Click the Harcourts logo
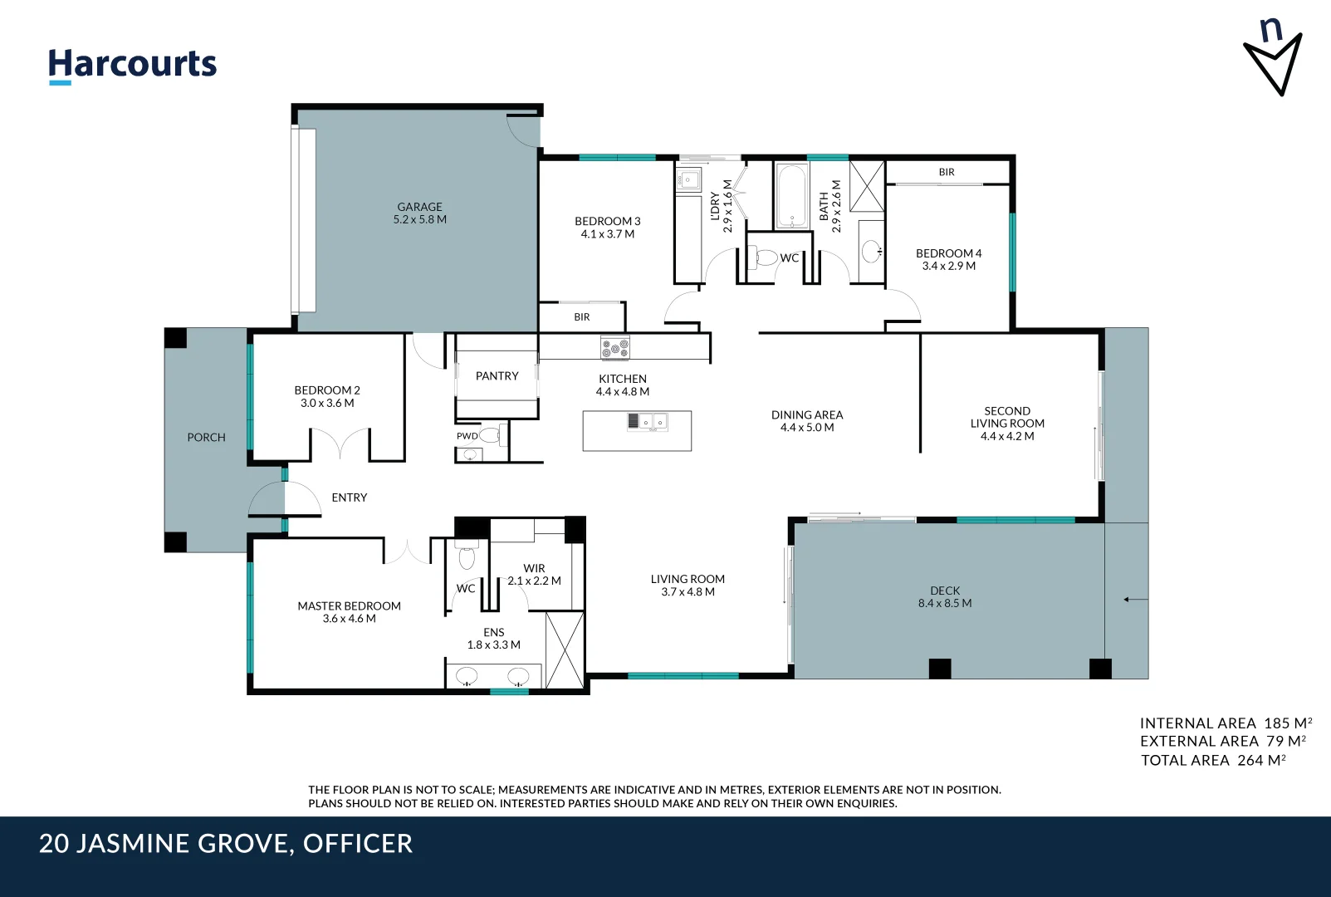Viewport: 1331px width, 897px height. click(132, 65)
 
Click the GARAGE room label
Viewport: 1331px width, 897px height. click(419, 207)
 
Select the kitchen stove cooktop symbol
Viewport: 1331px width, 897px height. click(615, 347)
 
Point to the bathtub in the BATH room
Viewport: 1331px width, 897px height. click(791, 196)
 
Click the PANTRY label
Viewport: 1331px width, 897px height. click(497, 376)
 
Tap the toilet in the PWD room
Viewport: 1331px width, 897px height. click(491, 434)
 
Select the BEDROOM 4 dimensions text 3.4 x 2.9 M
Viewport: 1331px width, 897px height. click(948, 267)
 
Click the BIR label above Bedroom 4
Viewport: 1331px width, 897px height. click(947, 172)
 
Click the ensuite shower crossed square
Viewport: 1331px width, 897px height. click(565, 649)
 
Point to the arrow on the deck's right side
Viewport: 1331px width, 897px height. click(1135, 599)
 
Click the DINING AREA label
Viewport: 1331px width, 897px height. click(806, 414)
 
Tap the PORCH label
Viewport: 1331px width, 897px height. click(206, 437)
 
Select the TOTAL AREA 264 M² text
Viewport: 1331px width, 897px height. click(1213, 760)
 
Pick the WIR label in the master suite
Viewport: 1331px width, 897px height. click(534, 569)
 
